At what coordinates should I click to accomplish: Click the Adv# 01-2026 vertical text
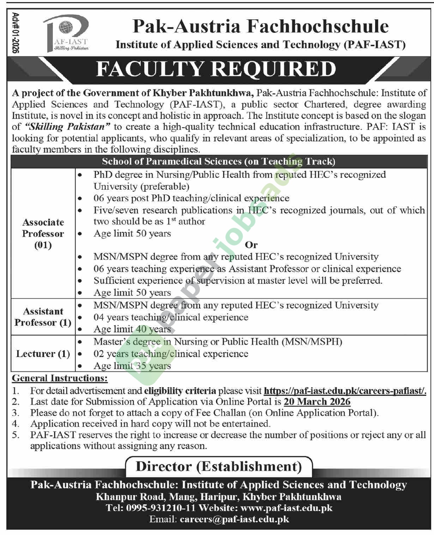tap(15, 33)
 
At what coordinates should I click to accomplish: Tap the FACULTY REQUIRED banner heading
tap(216, 69)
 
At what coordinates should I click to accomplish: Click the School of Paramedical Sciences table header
tap(218, 162)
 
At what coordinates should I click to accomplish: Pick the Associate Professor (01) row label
tap(43, 233)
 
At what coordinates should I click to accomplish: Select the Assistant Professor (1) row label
tap(43, 317)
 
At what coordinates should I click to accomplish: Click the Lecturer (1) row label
tap(43, 353)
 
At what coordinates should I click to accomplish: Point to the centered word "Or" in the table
tap(251, 245)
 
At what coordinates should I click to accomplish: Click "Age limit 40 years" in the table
tap(132, 329)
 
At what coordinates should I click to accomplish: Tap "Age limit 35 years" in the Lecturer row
tap(132, 365)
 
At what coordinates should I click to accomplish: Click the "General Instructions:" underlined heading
tap(60, 378)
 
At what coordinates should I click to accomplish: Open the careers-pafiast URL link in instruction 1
tap(345, 391)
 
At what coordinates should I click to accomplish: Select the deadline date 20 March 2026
tap(317, 402)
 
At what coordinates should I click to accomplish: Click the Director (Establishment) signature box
tap(219, 466)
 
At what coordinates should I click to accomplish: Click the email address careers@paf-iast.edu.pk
tap(234, 519)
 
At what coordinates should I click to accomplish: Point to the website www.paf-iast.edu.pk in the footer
tap(286, 508)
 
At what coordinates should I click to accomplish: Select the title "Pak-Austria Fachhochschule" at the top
tap(260, 26)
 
